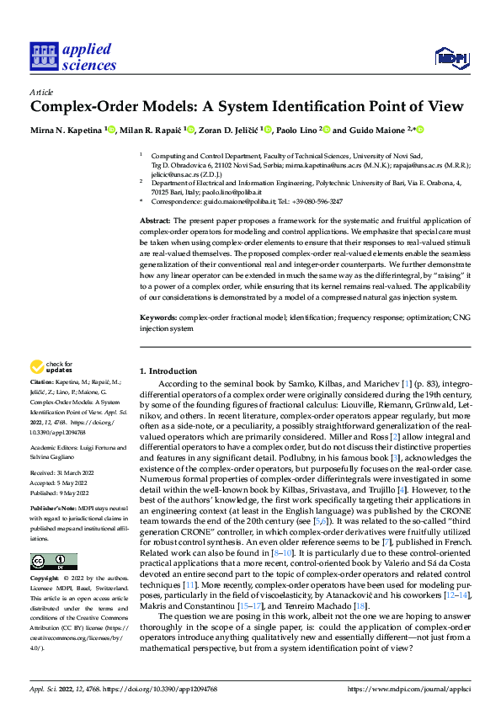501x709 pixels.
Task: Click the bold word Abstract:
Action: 157,220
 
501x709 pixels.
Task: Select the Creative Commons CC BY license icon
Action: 53,560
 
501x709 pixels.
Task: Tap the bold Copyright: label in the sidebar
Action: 45,580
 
